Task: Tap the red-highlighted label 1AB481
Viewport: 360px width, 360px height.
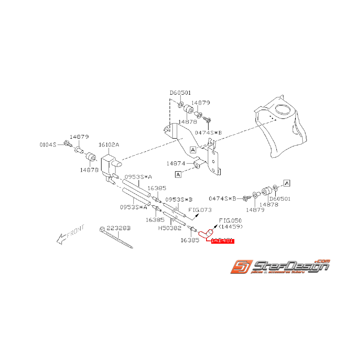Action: tap(223, 241)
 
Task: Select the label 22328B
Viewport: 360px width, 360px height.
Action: tap(119, 229)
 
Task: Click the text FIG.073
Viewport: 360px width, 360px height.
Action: tap(200, 210)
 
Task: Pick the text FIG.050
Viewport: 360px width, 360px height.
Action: tap(231, 220)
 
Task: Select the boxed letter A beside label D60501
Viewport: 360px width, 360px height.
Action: tap(287, 182)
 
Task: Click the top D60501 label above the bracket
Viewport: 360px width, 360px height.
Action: tap(181, 93)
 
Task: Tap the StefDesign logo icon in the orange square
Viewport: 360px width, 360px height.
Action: tap(241, 267)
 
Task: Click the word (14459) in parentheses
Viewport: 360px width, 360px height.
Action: tap(231, 226)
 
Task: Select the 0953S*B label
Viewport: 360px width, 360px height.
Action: tap(179, 200)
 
